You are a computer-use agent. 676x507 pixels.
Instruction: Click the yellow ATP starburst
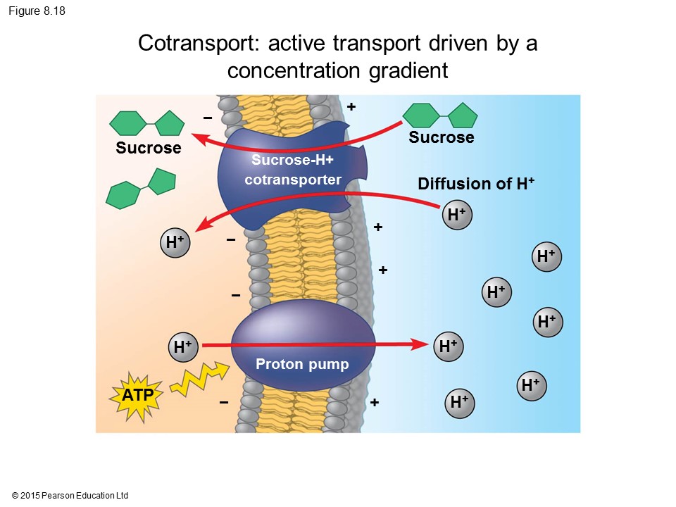(x=137, y=396)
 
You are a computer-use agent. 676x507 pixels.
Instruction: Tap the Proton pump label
(x=302, y=364)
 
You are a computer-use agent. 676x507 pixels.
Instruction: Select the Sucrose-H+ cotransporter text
(x=292, y=170)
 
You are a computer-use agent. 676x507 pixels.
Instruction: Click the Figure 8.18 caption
(x=37, y=11)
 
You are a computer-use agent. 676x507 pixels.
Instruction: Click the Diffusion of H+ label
(x=476, y=184)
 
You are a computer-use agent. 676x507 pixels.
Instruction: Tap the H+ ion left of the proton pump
(x=183, y=346)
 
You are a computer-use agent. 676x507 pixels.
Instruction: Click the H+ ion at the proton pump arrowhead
(x=447, y=346)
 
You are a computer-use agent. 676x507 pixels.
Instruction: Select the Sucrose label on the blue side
(x=441, y=137)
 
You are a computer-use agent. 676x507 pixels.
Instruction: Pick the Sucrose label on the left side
(x=148, y=148)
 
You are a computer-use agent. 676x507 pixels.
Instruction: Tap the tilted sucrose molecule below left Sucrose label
(x=141, y=189)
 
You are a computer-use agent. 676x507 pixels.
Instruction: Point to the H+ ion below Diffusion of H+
(x=457, y=215)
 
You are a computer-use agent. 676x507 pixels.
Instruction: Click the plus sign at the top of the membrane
(x=351, y=106)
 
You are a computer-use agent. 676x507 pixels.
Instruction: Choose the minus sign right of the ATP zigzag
(x=224, y=402)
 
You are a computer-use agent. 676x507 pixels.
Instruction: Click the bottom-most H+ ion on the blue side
(x=459, y=402)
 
